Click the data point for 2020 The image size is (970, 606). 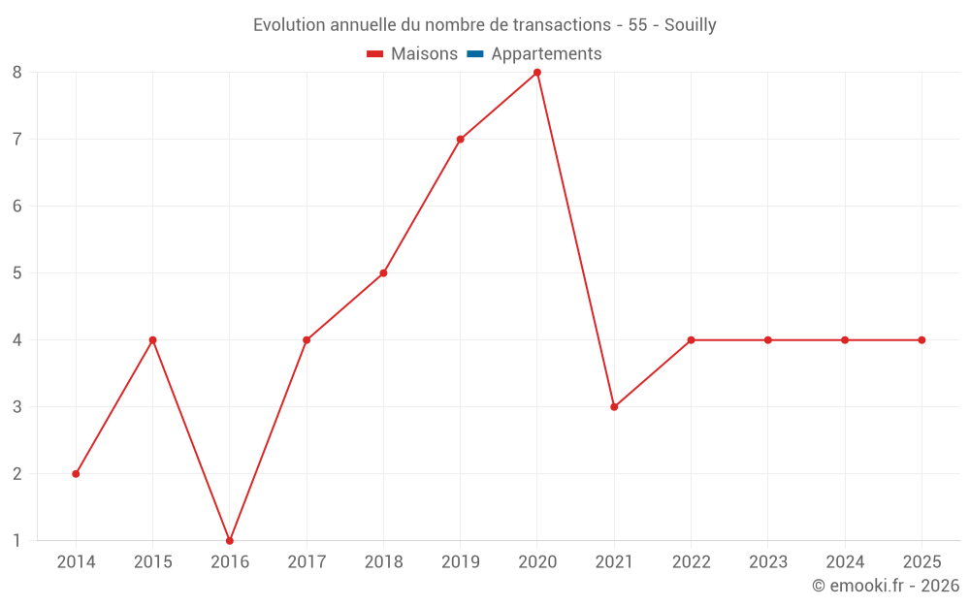537,73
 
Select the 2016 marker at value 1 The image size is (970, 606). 230,540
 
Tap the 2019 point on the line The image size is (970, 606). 460,140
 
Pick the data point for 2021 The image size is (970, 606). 614,407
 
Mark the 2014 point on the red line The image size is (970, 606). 76,474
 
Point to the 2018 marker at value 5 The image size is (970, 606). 383,273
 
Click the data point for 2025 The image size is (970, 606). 921,340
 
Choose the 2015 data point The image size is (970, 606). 152,340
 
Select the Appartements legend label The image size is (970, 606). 546,54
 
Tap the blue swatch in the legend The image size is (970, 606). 474,54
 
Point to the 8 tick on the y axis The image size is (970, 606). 17,73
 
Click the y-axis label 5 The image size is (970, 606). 17,273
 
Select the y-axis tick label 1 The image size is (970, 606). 17,541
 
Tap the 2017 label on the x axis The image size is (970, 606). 307,562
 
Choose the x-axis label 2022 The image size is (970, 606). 691,562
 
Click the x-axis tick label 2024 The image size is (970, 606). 845,562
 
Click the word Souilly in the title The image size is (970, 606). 690,25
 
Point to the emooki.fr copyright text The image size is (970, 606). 885,586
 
